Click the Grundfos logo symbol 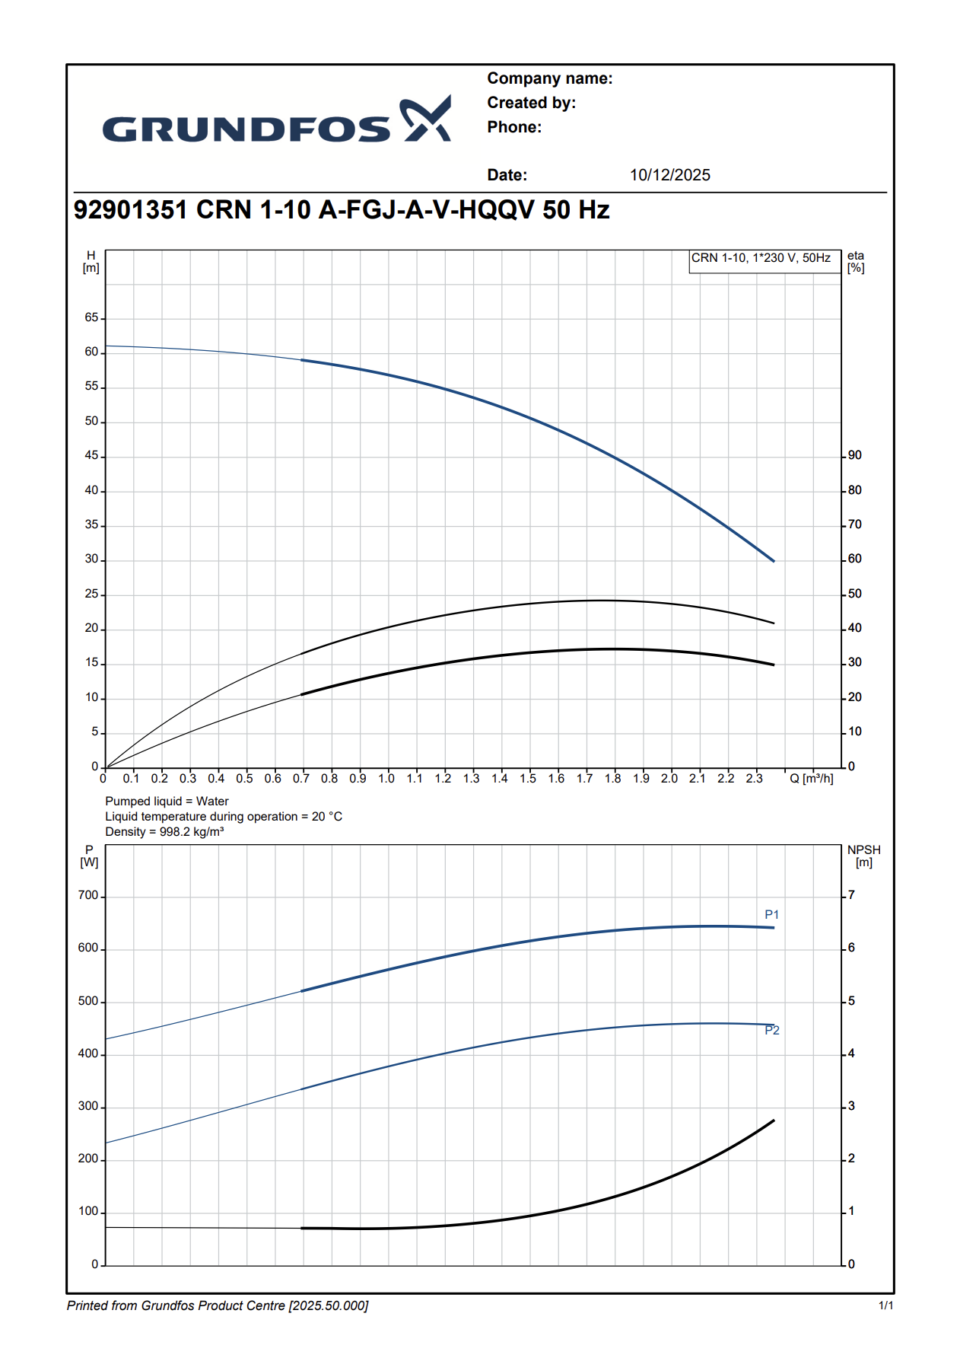click(426, 119)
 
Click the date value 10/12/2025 click(669, 175)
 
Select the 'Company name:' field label click(549, 78)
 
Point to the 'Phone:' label click(514, 127)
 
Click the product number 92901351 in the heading click(130, 209)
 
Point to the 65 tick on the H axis click(92, 317)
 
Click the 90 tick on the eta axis click(855, 455)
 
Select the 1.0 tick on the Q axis click(386, 778)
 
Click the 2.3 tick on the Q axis click(754, 778)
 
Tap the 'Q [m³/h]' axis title click(811, 778)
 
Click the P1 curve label click(771, 914)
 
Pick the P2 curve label click(771, 1030)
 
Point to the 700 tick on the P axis click(88, 895)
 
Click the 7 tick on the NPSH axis click(851, 895)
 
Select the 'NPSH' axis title click(863, 850)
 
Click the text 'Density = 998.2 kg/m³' click(164, 831)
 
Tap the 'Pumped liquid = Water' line click(167, 801)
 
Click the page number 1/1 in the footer click(885, 1305)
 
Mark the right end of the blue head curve click(774, 561)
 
